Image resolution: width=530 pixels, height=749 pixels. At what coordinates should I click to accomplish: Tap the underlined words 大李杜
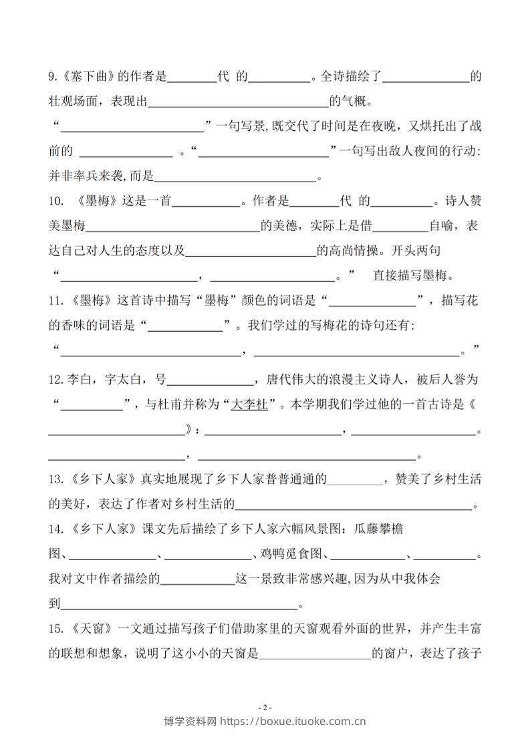(249, 405)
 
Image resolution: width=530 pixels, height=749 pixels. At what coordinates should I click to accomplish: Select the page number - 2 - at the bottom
(265, 708)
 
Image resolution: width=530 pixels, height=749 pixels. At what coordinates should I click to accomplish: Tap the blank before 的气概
(238, 103)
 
